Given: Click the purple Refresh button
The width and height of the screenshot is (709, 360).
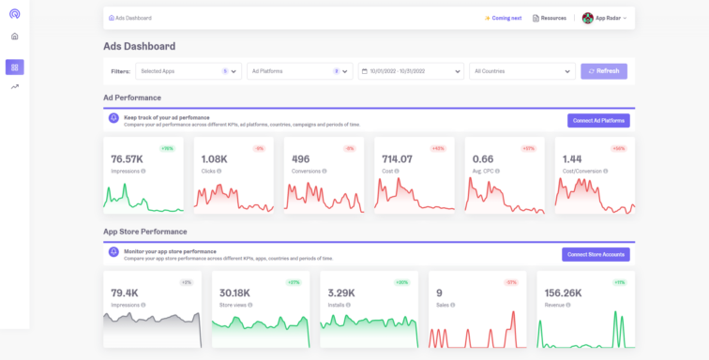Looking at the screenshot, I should click(604, 71).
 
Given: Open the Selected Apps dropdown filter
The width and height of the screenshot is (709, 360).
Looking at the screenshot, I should click(189, 71).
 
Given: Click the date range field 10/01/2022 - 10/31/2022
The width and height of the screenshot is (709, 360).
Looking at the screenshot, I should click(411, 71).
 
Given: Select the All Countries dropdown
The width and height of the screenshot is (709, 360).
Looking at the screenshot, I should click(522, 71).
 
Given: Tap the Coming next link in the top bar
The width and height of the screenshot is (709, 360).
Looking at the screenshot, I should click(503, 18).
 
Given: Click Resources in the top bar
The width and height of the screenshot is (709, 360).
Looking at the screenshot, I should click(549, 18).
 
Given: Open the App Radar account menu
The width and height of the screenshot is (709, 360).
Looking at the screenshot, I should click(605, 18).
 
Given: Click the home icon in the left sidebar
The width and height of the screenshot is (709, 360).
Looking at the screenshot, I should click(14, 37).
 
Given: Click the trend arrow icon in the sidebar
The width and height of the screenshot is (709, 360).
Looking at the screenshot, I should click(14, 87).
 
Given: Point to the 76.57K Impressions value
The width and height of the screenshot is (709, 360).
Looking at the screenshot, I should click(127, 159).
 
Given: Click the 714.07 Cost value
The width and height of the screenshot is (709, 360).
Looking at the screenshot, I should click(398, 159).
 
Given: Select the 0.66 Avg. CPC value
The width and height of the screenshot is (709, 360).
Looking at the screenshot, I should click(482, 159).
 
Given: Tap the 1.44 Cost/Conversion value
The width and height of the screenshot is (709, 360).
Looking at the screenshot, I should click(571, 159).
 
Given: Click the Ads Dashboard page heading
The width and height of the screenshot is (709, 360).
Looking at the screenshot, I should click(139, 46).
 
